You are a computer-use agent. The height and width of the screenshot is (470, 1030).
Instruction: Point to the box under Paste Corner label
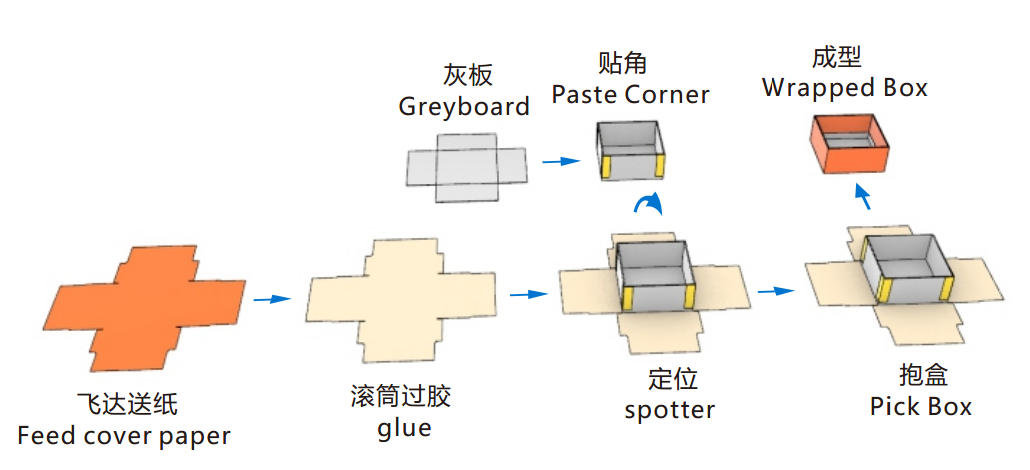pos(631,150)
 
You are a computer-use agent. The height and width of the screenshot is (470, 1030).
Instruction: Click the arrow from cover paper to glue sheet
pos(270,298)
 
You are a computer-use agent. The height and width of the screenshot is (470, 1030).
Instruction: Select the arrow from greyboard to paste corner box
pos(561,160)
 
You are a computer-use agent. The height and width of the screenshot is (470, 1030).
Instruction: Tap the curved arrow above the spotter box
pos(650,205)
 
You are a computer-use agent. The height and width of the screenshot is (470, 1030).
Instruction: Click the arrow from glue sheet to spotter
pos(529,294)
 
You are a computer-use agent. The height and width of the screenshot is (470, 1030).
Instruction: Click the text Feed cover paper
pos(124,436)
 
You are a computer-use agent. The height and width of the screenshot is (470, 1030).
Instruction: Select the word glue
pos(405,429)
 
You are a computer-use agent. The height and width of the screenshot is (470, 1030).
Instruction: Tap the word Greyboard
pos(464,106)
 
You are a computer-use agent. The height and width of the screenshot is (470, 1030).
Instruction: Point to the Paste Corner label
pos(631,95)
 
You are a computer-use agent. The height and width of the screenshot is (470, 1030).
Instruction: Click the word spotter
pos(670,410)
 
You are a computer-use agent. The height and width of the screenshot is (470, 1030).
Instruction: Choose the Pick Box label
pos(921,406)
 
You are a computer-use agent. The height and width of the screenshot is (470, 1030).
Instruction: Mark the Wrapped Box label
pos(844,88)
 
